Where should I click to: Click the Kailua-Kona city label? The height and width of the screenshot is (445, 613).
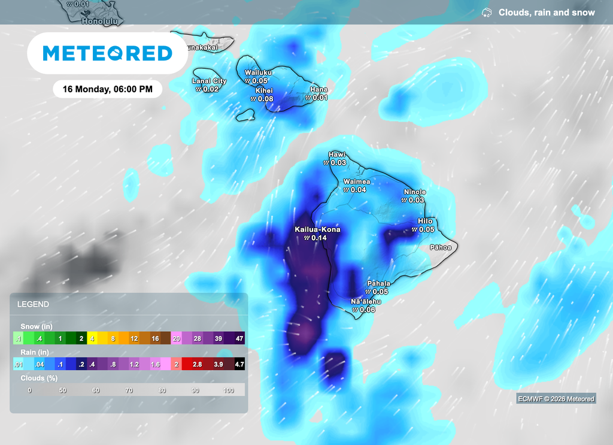coord(317,229)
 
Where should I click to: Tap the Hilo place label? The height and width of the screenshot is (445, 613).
coord(425,221)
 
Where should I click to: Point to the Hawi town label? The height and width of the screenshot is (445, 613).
coord(337,155)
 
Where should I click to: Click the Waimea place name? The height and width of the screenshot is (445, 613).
coord(356,181)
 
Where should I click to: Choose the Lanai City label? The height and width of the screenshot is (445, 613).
coord(209,81)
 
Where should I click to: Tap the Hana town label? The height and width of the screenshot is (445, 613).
coord(318,90)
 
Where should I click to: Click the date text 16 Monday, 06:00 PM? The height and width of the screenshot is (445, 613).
coord(108,89)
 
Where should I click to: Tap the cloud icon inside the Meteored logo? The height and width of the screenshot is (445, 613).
coord(114,54)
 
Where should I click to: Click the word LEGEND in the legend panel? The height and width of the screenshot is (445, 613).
coord(33,304)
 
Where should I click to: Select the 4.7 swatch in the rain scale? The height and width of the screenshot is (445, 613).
coord(239,364)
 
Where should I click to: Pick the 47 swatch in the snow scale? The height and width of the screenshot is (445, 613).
coord(239,338)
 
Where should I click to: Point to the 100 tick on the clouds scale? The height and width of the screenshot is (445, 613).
coord(229,390)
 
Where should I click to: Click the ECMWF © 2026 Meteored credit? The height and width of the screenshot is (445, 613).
coord(556,399)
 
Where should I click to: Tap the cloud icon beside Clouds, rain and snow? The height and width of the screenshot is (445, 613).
coord(487,13)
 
